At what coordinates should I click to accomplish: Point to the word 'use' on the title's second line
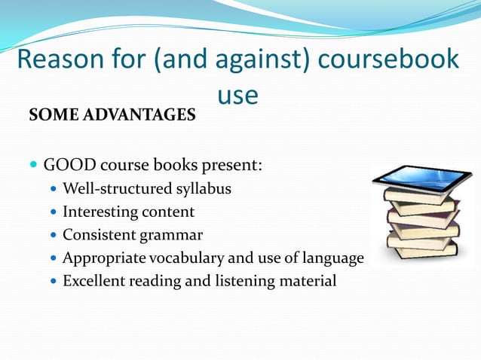(237, 94)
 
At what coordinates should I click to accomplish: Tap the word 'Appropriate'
(104, 258)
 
